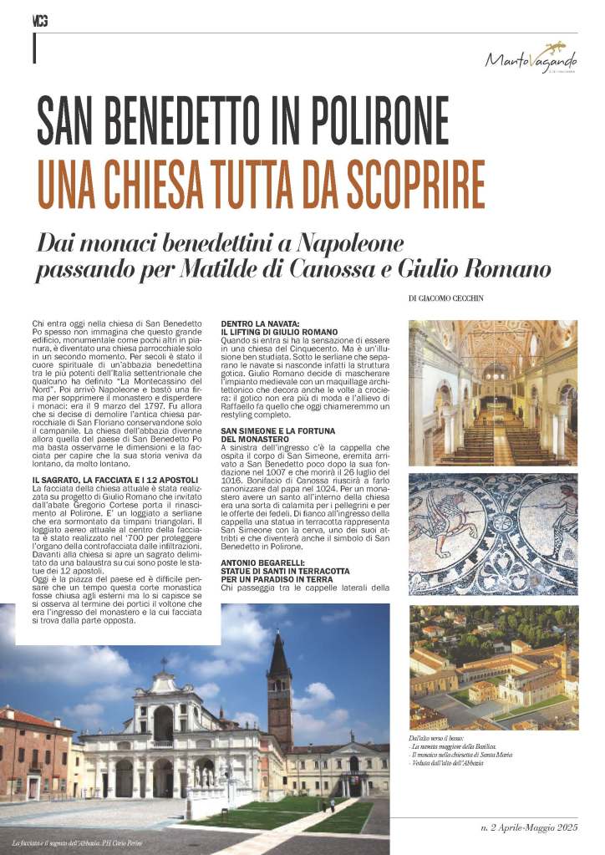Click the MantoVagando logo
click(531, 59)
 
